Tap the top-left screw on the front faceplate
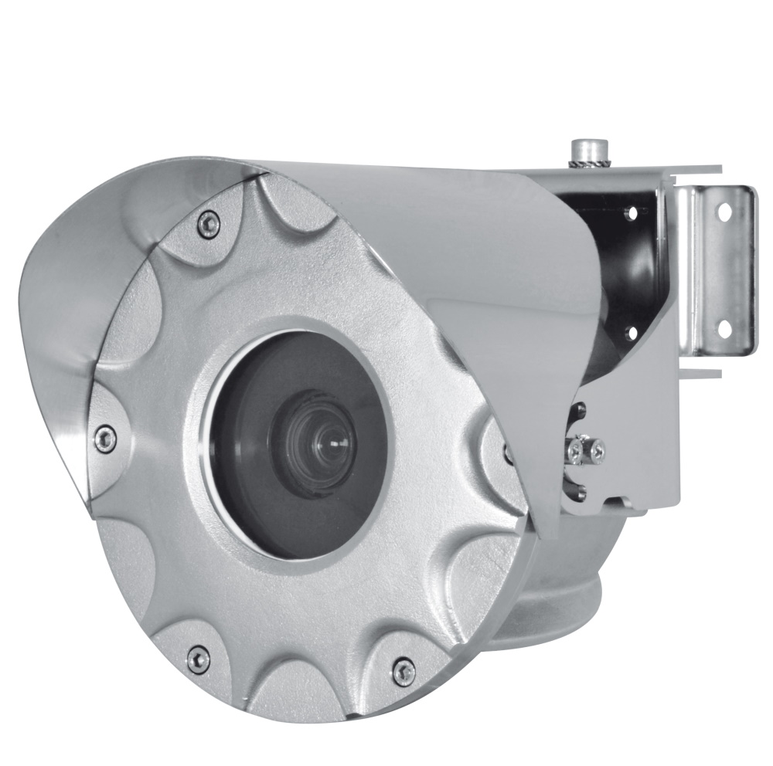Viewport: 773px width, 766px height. tap(206, 222)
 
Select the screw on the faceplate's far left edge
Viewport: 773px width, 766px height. tap(104, 437)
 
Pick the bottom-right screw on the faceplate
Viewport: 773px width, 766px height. tap(404, 670)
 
